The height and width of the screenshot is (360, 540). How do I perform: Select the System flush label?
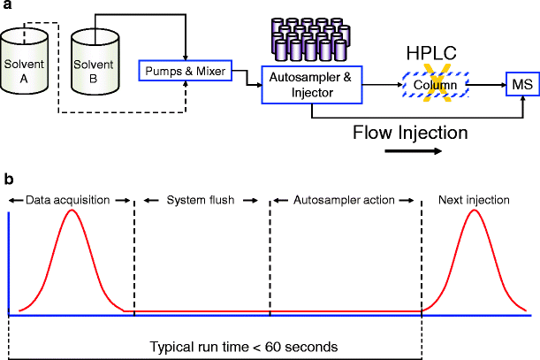pos(201,200)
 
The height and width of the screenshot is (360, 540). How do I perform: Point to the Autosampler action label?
pos(344,200)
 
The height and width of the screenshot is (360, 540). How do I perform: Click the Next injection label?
pos(474,200)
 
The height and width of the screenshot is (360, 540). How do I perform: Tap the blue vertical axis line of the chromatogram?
pos(9,265)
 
